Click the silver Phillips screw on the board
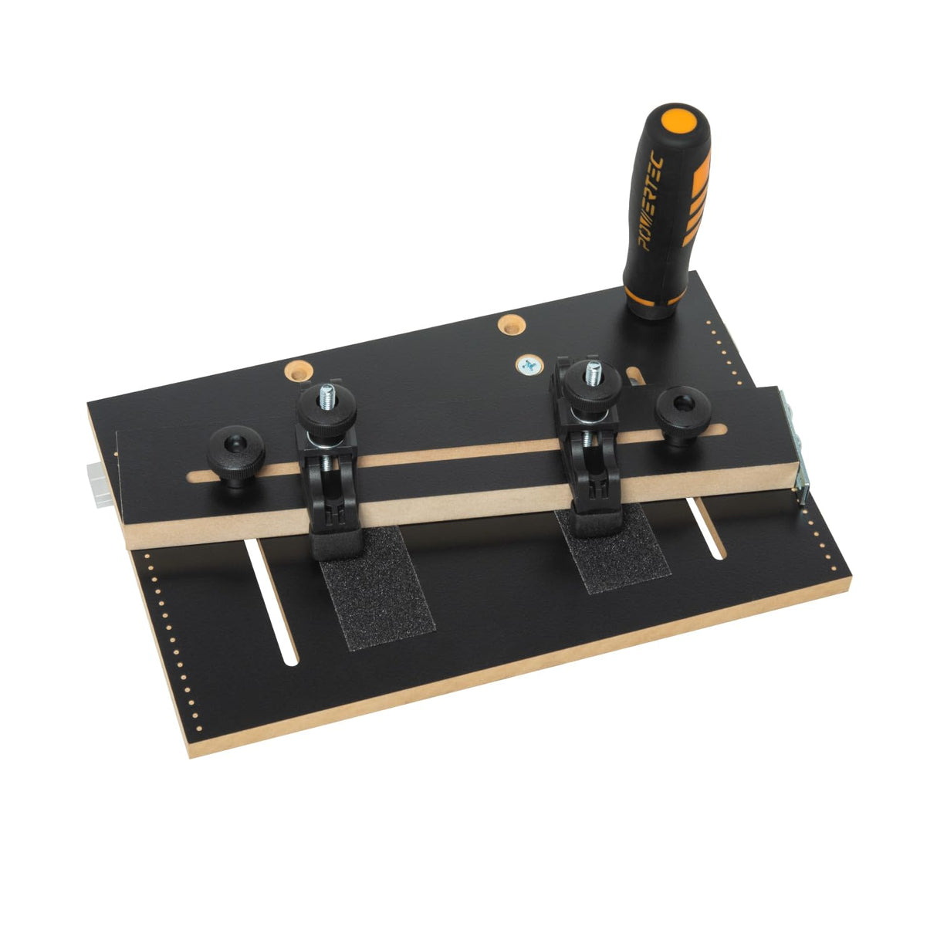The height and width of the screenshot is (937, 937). click(x=529, y=365)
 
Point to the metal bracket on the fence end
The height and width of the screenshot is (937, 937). click(x=796, y=444)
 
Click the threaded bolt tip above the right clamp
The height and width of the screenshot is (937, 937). click(x=594, y=370)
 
